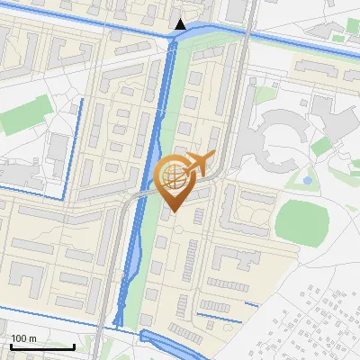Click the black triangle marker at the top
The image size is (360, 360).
tap(180, 24)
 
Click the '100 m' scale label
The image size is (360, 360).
tap(24, 338)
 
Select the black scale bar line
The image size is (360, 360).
tap(41, 346)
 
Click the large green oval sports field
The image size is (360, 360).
tap(301, 220)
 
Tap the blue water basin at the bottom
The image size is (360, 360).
tap(166, 342)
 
